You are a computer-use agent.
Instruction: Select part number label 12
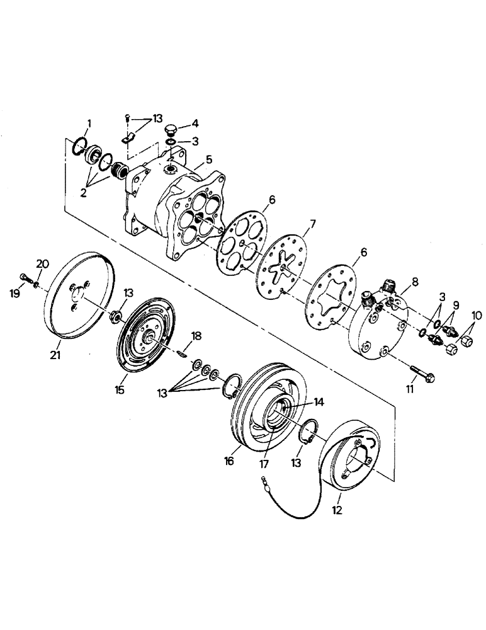[x=337, y=510]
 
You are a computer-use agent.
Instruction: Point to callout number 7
[x=311, y=224]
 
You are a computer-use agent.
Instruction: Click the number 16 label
[x=229, y=462]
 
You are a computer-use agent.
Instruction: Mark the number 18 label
[x=198, y=337]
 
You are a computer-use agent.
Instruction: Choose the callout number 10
[x=477, y=314]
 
